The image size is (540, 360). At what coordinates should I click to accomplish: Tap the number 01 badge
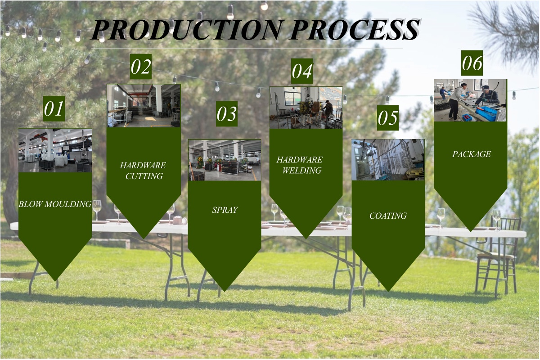point(54,108)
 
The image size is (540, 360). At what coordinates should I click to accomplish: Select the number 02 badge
point(141,67)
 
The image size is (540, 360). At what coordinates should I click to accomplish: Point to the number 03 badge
point(227,114)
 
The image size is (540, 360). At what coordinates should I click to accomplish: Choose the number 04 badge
point(302,71)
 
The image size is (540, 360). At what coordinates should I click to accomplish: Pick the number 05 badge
point(387,118)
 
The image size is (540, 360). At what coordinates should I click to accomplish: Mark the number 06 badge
point(472,63)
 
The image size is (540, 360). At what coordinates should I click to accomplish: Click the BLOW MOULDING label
point(55,204)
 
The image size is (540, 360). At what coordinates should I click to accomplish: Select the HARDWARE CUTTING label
point(143,171)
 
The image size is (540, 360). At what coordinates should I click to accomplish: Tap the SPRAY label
point(225,210)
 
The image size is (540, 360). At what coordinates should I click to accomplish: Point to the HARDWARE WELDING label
point(300,165)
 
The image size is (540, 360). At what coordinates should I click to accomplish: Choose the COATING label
point(388,216)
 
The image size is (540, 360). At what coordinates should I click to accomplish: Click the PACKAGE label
point(472,154)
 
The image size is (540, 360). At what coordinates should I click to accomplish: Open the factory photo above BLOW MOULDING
point(55,150)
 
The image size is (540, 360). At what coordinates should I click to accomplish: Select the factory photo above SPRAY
point(225,160)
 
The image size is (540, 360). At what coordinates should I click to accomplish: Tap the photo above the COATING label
point(388,160)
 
